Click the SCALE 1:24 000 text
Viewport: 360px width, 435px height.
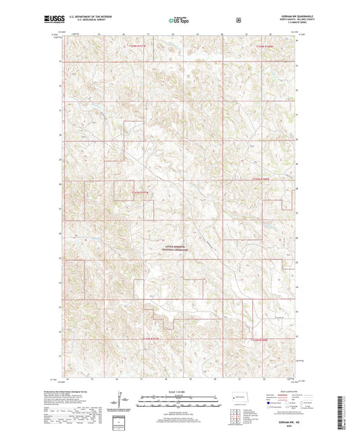click(x=179, y=392)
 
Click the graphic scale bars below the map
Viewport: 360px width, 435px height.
click(x=179, y=404)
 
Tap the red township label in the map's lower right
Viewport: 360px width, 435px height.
click(x=261, y=340)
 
